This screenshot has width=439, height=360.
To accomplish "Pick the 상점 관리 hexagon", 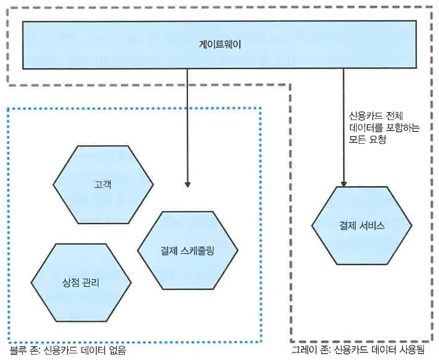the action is click(81, 282).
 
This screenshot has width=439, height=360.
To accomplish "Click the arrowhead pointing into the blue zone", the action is click(187, 184).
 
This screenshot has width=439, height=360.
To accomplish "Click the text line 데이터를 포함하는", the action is click(384, 128).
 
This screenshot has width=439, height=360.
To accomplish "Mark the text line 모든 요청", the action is click(368, 139).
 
